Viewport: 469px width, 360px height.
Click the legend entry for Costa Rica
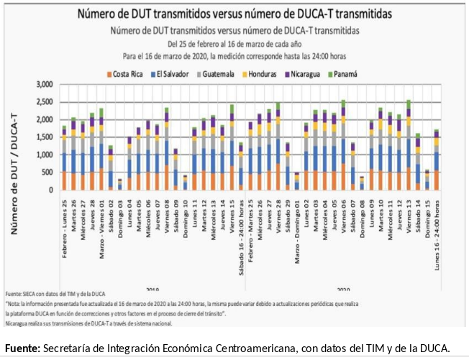(x=128, y=74)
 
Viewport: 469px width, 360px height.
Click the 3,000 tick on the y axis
(x=44, y=85)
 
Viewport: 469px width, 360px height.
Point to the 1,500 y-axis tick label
(x=44, y=137)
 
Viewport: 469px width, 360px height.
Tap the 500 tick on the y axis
(x=47, y=172)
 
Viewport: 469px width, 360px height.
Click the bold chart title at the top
(x=234, y=14)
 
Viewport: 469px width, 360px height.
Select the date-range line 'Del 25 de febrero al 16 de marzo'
(x=234, y=43)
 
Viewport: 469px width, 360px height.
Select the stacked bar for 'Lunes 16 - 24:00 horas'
(x=437, y=160)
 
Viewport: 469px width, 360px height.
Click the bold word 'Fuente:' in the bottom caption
(x=22, y=349)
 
